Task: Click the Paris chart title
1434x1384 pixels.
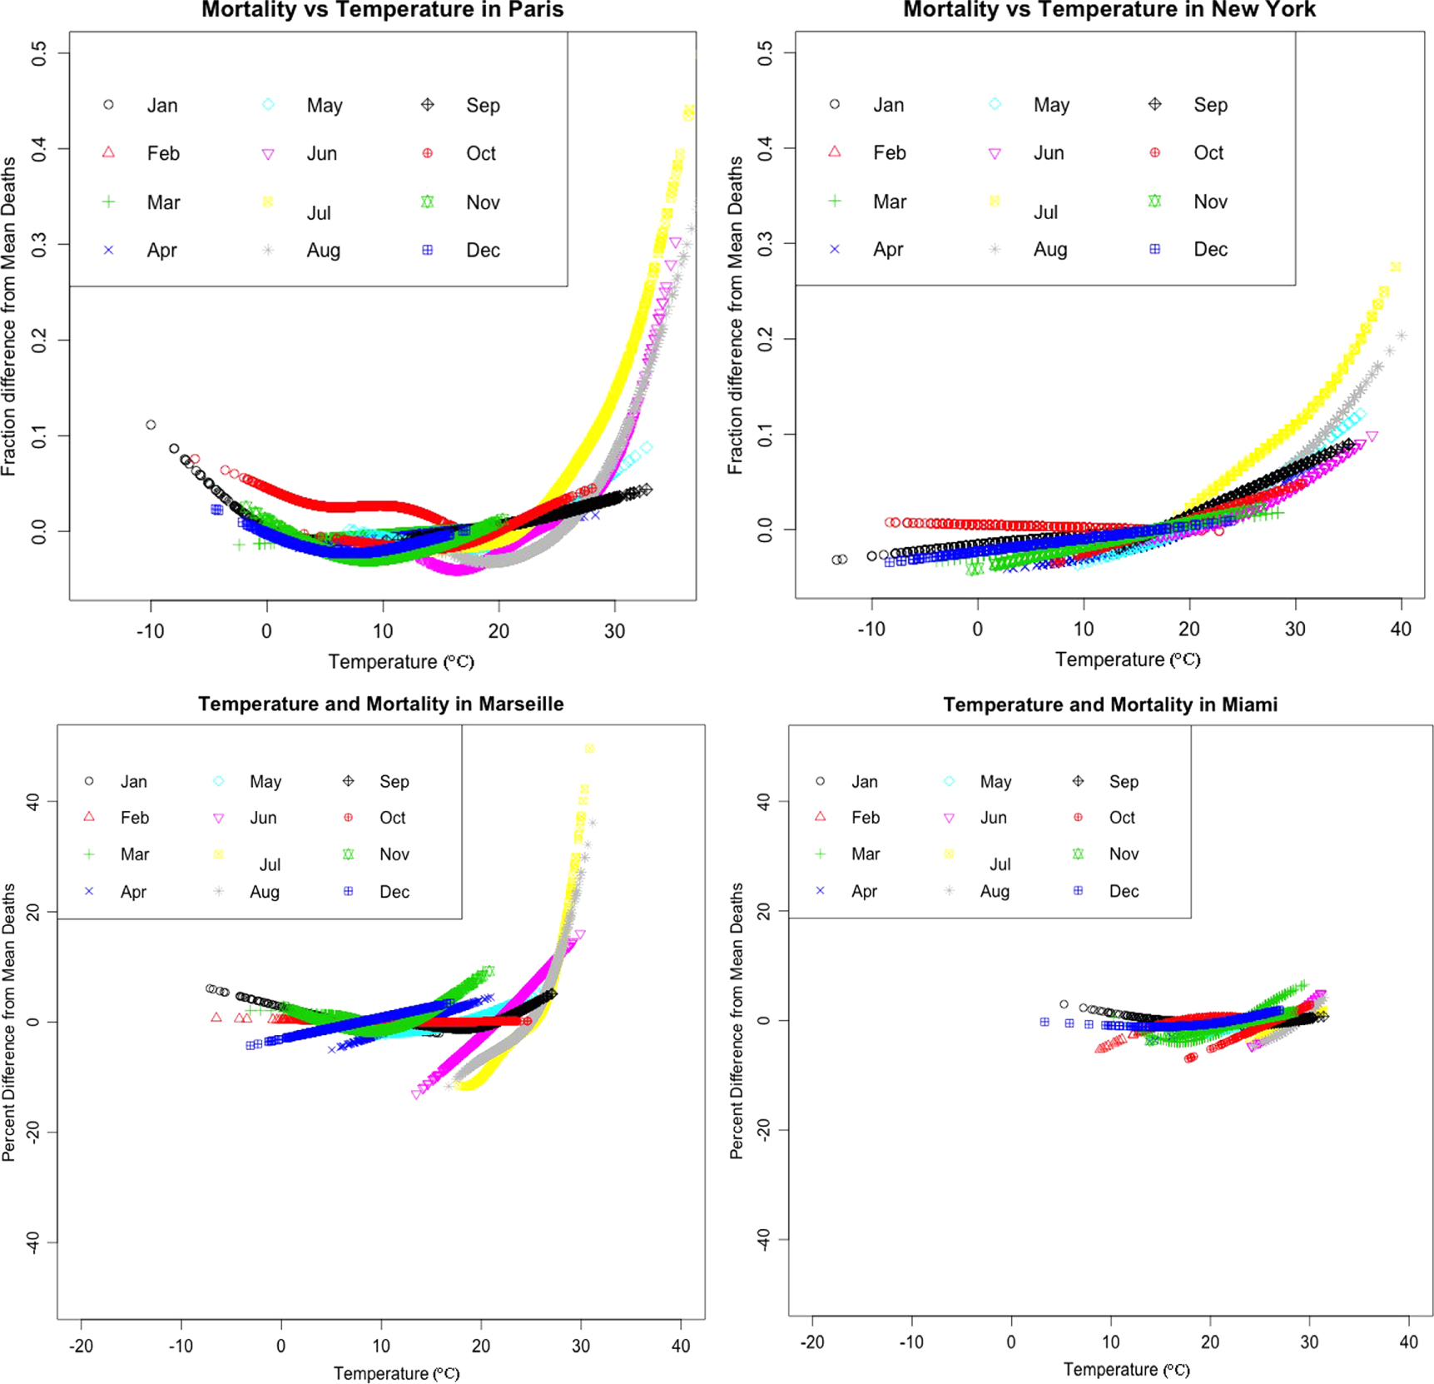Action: [x=382, y=10]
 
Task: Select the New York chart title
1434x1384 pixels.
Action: [x=1109, y=10]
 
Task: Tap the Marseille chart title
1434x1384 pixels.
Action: [x=380, y=704]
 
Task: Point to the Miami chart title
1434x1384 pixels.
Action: [x=1109, y=704]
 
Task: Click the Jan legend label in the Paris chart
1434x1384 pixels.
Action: [x=162, y=106]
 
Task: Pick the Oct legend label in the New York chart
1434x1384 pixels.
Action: [x=1208, y=153]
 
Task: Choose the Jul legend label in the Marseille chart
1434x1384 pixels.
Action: [x=270, y=864]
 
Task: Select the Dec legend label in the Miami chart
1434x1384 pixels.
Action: [x=1124, y=891]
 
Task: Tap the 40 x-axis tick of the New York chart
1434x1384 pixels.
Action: [x=1401, y=630]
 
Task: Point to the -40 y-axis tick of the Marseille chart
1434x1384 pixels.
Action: [x=32, y=1242]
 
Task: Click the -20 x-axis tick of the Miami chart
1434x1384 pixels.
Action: [x=812, y=1342]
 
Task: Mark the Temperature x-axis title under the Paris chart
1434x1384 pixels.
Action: [x=400, y=662]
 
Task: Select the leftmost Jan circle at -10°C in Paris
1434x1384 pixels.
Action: [x=151, y=425]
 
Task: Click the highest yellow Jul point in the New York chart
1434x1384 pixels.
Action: [x=1396, y=267]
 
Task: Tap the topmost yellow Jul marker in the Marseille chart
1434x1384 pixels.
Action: [x=589, y=749]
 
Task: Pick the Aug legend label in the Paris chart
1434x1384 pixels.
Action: [x=323, y=251]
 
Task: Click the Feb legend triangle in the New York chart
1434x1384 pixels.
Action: [x=835, y=152]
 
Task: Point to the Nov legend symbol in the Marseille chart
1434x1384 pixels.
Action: [x=349, y=854]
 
